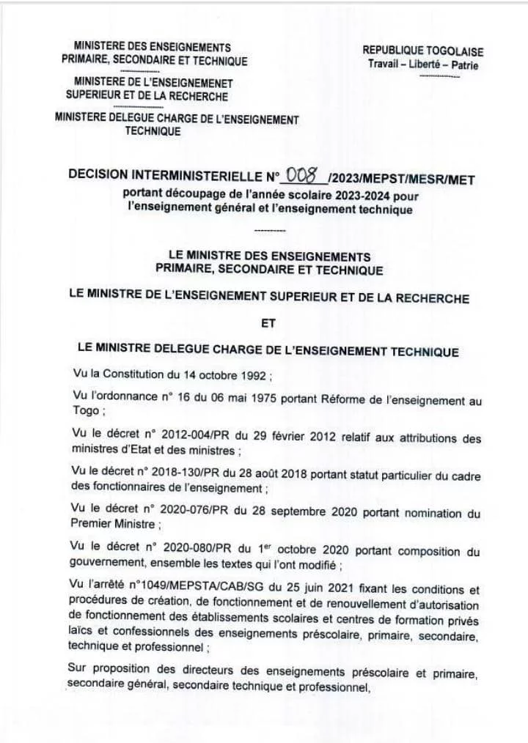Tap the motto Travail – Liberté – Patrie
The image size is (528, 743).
(x=423, y=64)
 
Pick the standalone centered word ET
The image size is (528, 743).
(x=268, y=323)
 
